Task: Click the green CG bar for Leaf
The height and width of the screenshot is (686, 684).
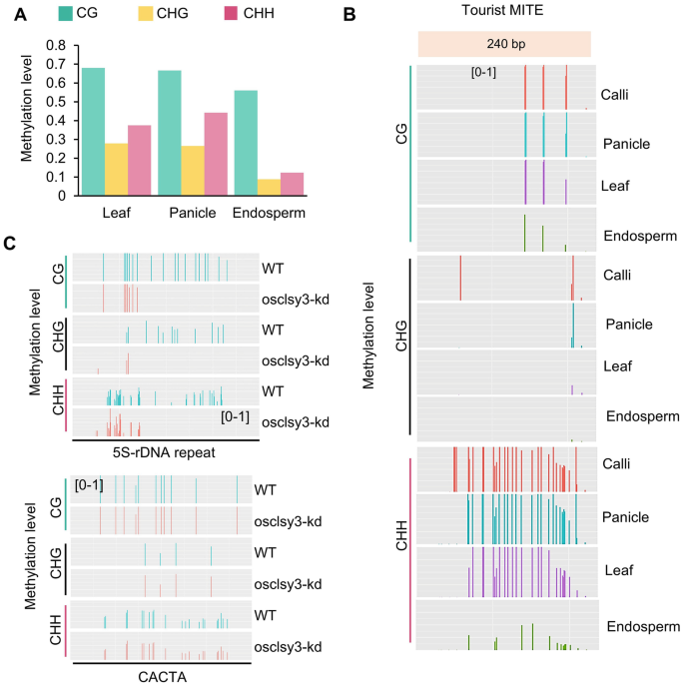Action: [92, 132]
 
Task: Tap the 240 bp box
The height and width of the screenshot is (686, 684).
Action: [504, 44]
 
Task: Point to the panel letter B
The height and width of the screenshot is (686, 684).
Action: [348, 15]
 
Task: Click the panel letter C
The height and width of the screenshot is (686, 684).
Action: [10, 243]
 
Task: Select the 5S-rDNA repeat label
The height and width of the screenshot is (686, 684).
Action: [165, 452]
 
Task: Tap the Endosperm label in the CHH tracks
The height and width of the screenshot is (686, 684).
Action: [643, 626]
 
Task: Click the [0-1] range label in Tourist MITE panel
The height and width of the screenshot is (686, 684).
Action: [484, 72]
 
